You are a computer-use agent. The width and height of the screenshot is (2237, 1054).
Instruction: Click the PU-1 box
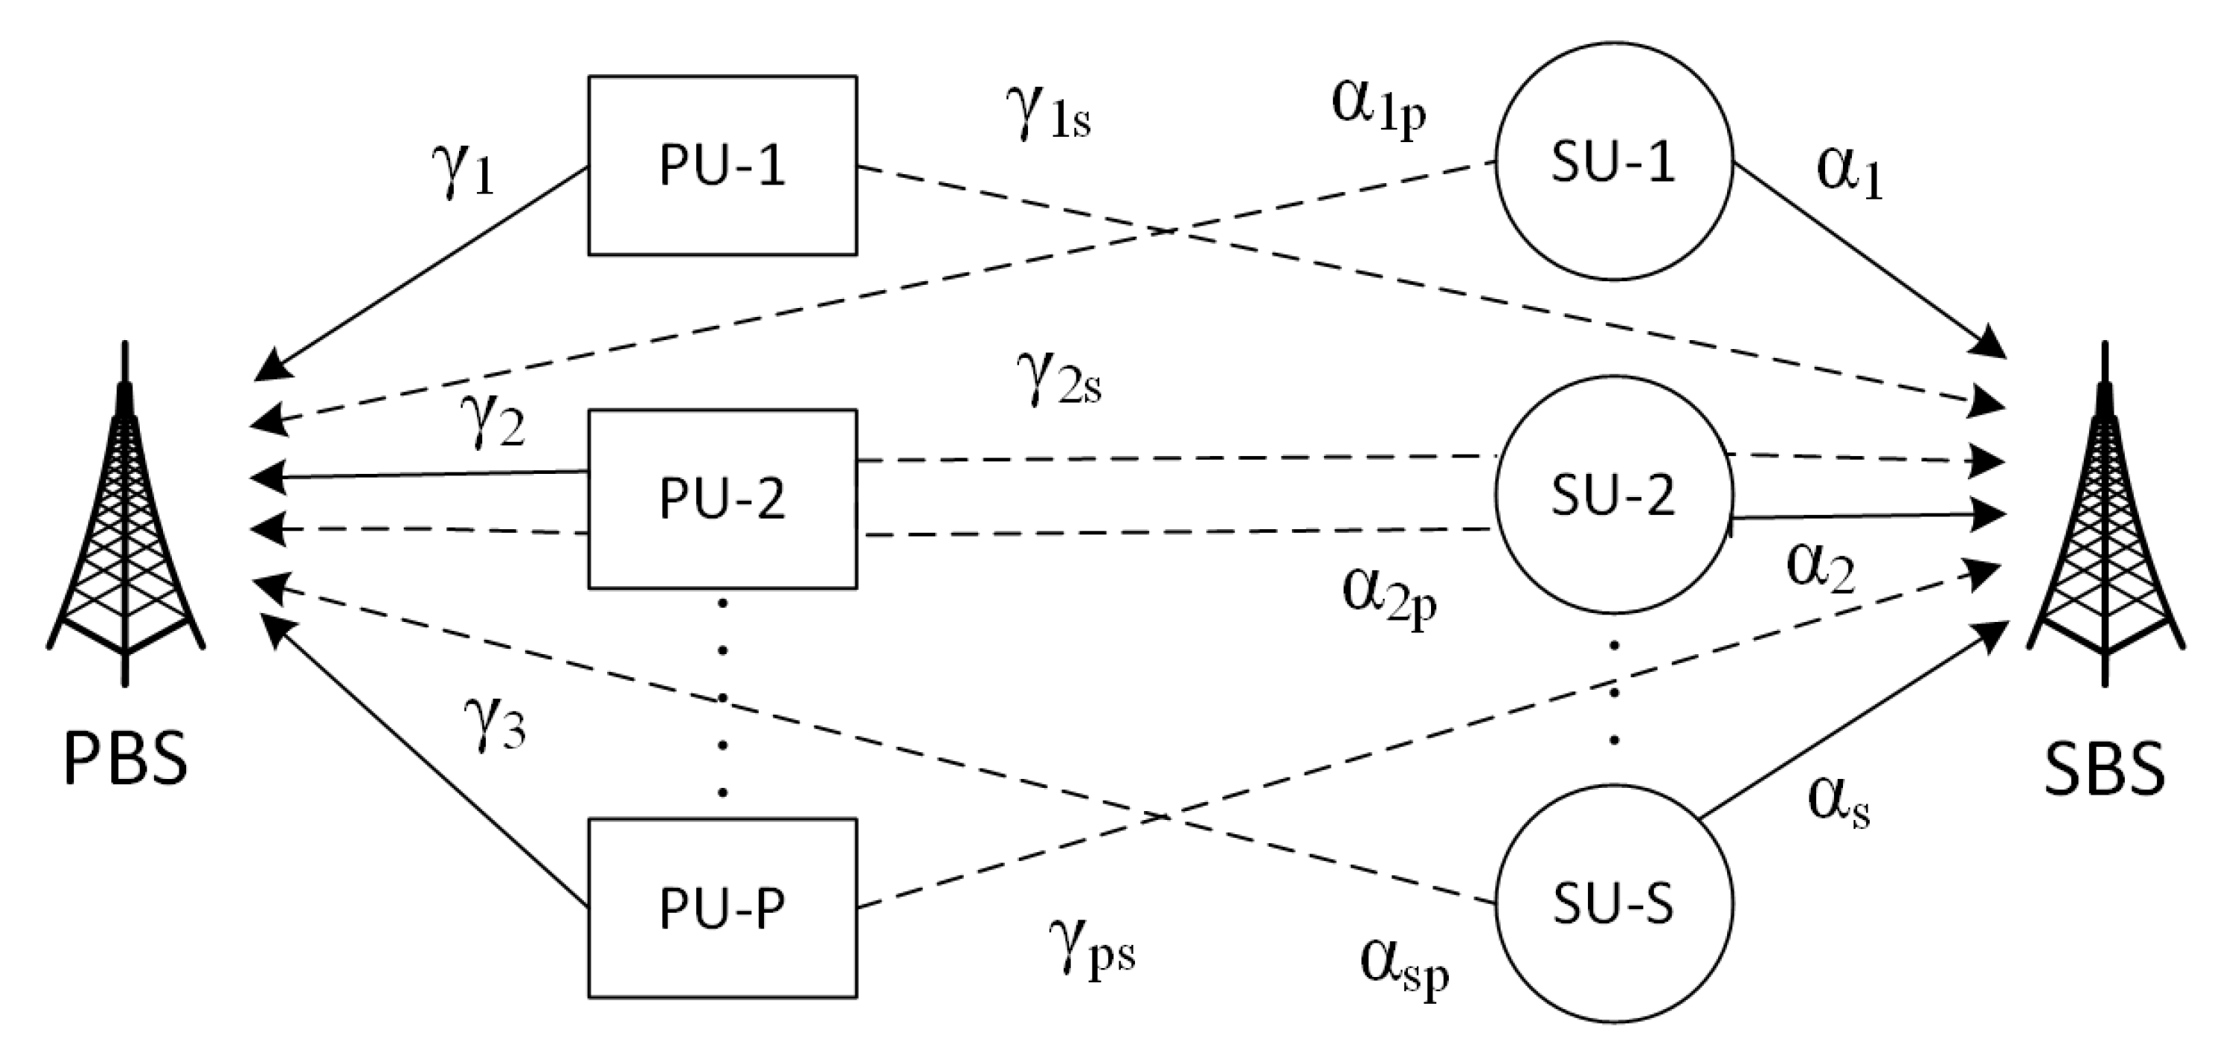[722, 165]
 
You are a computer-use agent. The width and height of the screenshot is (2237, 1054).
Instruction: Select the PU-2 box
[722, 499]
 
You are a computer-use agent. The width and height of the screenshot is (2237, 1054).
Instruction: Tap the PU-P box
[722, 907]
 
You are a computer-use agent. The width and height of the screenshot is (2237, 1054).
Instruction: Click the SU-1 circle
[1613, 161]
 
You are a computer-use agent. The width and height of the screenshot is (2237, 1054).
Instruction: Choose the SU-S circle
[1613, 904]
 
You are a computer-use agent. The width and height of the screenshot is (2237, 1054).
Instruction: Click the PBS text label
[126, 758]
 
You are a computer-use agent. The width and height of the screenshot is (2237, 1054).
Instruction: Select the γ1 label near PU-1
[461, 170]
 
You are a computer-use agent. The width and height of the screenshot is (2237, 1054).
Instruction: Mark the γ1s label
[1047, 118]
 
